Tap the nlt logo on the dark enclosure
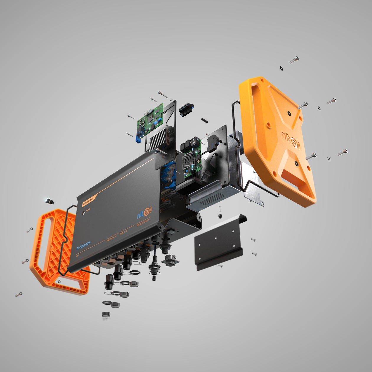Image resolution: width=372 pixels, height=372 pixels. pos(144,212)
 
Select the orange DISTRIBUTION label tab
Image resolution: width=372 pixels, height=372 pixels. pos(88,201)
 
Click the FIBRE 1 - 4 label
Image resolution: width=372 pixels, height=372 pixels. pos(123,232)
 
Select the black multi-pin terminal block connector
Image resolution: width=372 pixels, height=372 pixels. pos(186,110)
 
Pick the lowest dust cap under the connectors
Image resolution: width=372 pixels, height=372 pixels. pos(106,315)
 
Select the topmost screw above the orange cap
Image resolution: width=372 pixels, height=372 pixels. pos(294,60)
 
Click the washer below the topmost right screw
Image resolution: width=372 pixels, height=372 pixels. pos(281,68)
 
